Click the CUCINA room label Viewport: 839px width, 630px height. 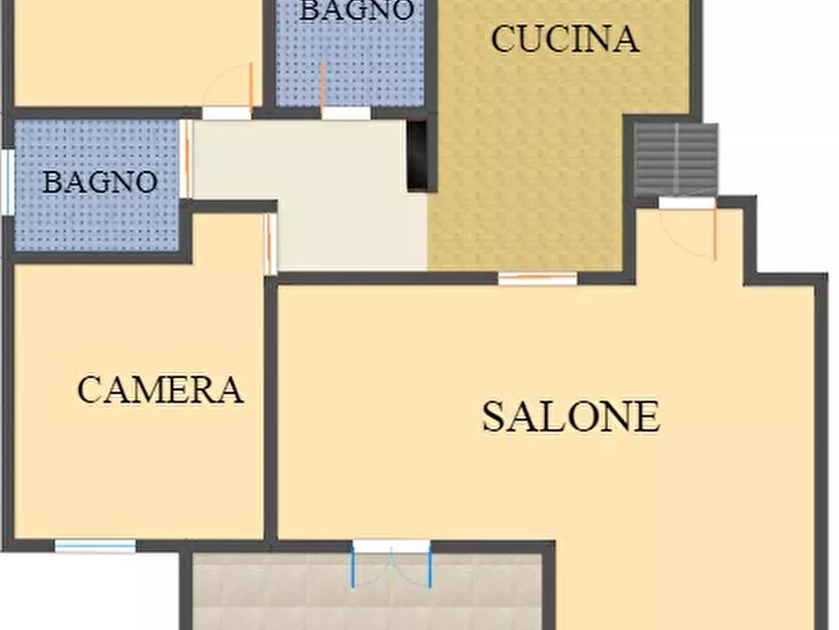click(x=565, y=39)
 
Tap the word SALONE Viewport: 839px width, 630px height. click(x=570, y=417)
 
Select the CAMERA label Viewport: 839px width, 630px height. click(x=161, y=389)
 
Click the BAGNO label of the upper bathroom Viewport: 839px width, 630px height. click(x=357, y=10)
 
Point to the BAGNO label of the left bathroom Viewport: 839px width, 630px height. click(x=100, y=181)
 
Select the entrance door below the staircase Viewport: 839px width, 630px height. click(x=688, y=226)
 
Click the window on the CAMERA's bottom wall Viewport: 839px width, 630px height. click(x=95, y=545)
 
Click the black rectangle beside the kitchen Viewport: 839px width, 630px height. click(x=418, y=155)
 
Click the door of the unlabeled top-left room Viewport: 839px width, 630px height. click(x=230, y=94)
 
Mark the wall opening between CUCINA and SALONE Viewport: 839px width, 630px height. click(x=536, y=278)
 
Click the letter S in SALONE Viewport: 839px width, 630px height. click(x=494, y=417)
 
